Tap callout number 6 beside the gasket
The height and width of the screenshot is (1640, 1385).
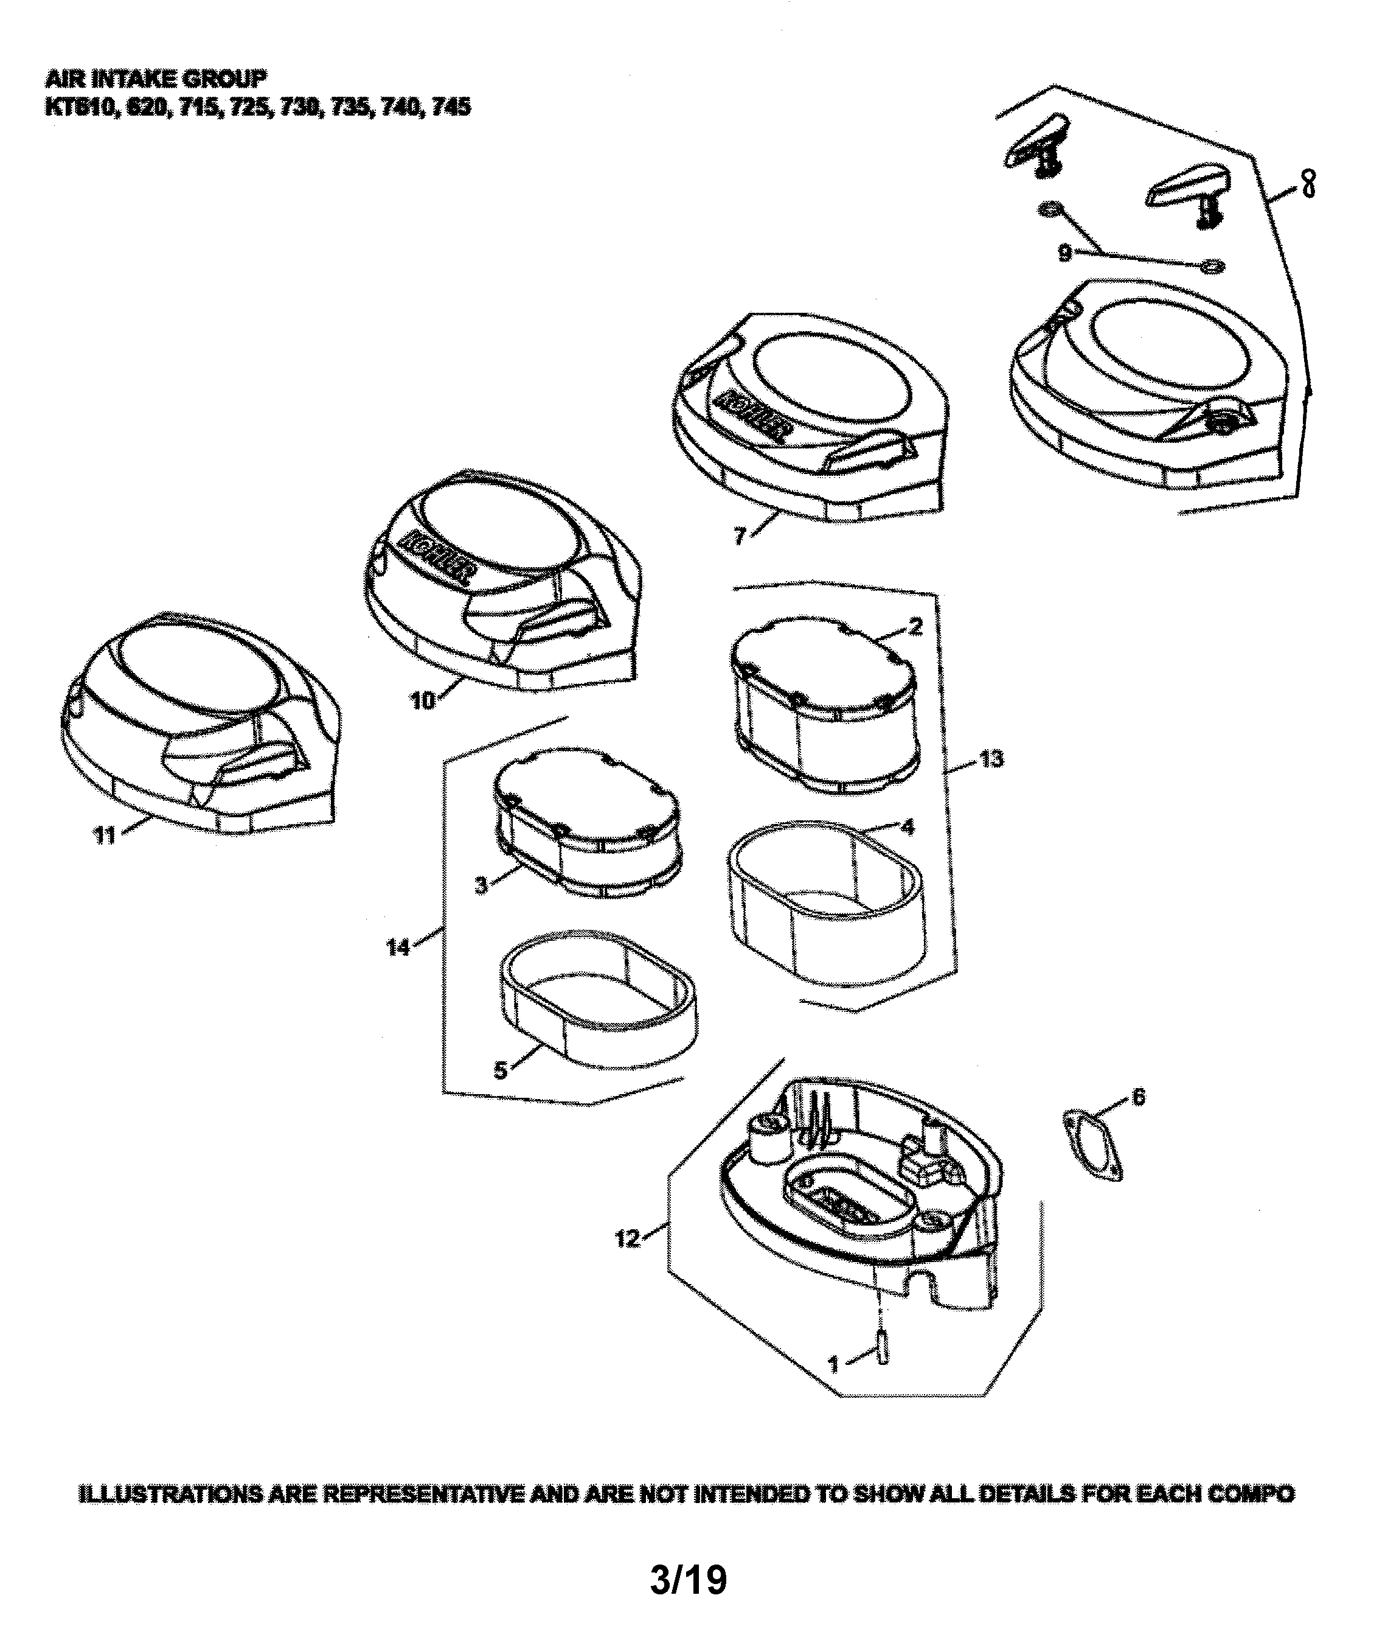(x=1139, y=1096)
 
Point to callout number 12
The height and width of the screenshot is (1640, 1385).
(x=627, y=1240)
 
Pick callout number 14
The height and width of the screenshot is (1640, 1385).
(x=398, y=948)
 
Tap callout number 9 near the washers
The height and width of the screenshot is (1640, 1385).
(x=1064, y=254)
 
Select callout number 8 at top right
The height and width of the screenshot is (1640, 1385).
(x=1308, y=184)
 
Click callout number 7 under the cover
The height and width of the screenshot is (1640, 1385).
(x=739, y=537)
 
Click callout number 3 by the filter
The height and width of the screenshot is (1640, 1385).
(x=481, y=885)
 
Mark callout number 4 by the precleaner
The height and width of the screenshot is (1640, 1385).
(x=908, y=827)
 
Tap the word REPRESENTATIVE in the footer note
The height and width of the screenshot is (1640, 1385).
(x=425, y=1494)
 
